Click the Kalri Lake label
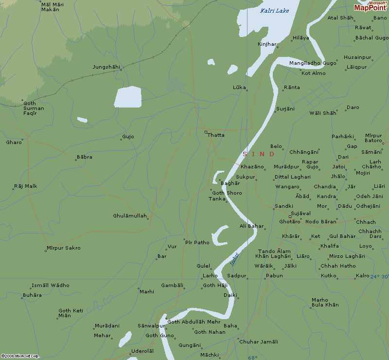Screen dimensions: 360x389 [275, 11]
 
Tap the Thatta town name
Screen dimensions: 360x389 [216, 135]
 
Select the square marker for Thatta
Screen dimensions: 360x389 [206, 132]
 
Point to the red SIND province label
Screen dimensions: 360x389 [259, 154]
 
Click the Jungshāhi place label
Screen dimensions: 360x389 [106, 67]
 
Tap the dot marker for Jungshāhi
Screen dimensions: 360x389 [121, 70]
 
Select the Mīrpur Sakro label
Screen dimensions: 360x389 [64, 248]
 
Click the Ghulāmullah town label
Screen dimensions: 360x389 [130, 216]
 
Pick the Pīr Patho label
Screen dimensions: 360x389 [197, 242]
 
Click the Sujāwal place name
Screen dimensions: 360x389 [301, 214]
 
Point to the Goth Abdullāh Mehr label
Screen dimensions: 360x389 [194, 322]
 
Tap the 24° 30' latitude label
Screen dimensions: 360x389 [379, 276]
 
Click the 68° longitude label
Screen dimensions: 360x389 [252, 357]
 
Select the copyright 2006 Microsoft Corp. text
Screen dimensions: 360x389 [20, 356]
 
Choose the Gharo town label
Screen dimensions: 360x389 [14, 143]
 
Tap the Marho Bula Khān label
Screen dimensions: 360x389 [325, 303]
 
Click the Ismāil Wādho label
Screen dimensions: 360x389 [51, 286]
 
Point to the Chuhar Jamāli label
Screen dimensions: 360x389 [259, 342]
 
